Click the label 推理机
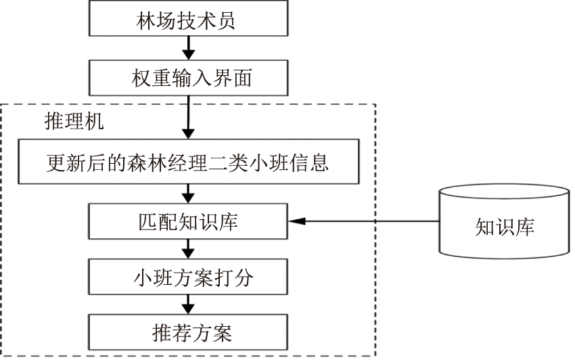(74, 122)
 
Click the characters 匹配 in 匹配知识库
(153, 221)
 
